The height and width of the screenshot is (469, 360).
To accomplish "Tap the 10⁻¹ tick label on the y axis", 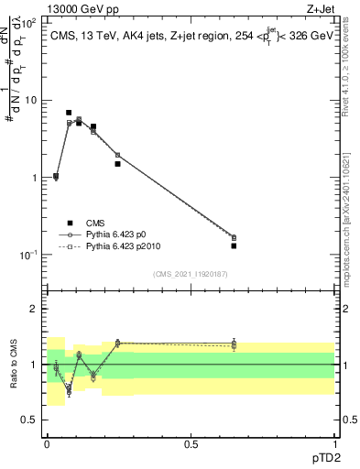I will [x=27, y=255].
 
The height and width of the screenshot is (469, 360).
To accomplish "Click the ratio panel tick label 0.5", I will [x=30, y=420].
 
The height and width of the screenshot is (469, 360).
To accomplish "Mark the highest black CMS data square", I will [x=69, y=113].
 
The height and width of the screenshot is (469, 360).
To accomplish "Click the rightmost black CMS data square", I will [x=234, y=245].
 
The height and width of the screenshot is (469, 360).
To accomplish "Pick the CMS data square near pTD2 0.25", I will [x=117, y=164].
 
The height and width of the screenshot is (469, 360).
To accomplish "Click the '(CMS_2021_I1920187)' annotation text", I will [x=191, y=274].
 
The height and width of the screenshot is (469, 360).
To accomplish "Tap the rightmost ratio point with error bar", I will [x=234, y=344].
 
